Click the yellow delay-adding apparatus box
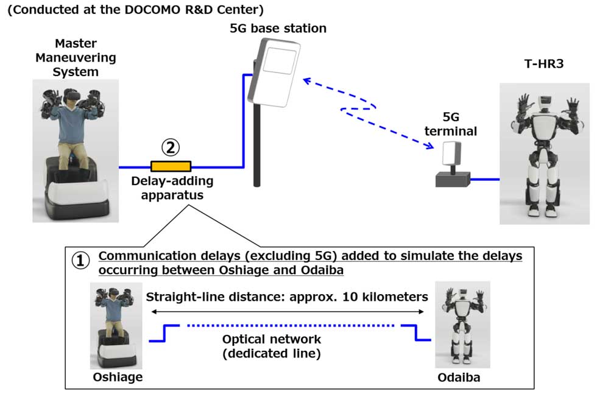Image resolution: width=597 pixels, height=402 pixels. pyautogui.click(x=171, y=166)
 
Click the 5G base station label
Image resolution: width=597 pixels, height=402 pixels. pyautogui.click(x=278, y=28)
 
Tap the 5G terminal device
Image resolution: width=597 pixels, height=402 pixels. pyautogui.click(x=452, y=164)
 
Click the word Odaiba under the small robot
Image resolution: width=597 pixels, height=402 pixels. pyautogui.click(x=459, y=377)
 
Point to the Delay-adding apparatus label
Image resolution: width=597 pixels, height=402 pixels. pyautogui.click(x=172, y=188)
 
